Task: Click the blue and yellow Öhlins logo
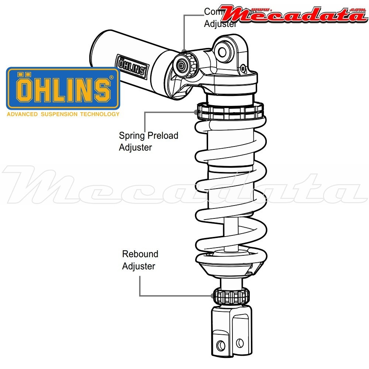click(63, 88)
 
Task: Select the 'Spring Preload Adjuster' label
click(148, 141)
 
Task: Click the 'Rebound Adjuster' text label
click(140, 260)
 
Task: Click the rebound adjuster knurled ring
click(231, 296)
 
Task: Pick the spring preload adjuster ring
click(231, 111)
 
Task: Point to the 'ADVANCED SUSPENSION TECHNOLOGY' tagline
click(63, 114)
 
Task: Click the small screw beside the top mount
click(243, 68)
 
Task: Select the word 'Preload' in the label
click(163, 135)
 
